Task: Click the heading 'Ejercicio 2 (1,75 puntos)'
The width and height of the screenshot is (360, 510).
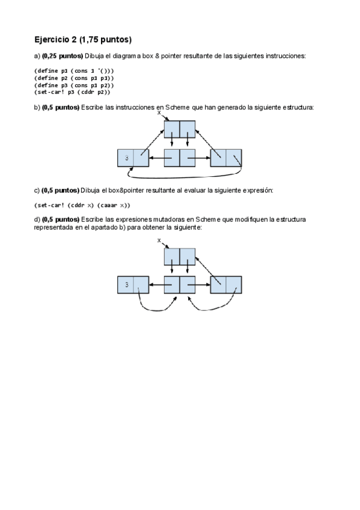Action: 83,40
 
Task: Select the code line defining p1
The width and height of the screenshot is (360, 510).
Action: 74,71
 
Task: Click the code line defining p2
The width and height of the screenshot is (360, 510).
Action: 74,78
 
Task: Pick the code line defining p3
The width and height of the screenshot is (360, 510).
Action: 74,85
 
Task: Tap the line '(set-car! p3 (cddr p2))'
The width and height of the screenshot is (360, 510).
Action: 72,92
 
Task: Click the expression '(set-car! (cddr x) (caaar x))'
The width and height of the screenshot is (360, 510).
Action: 82,205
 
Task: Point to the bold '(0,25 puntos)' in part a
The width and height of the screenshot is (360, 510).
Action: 63,56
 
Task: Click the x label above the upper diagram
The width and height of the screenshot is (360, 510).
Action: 159,112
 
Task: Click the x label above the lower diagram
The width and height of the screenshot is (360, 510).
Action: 159,241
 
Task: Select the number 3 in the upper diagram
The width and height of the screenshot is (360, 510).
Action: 127,158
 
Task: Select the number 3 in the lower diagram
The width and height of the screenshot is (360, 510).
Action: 127,285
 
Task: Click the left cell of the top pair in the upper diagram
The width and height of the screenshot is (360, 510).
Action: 172,129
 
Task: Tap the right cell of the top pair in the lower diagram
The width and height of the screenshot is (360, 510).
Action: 188,257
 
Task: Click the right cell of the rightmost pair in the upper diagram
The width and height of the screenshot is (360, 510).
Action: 234,158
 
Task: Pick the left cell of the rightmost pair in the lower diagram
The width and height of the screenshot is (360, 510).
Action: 218,285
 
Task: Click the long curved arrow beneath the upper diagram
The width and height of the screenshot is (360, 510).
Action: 185,178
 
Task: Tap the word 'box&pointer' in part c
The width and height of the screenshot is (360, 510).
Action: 126,190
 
